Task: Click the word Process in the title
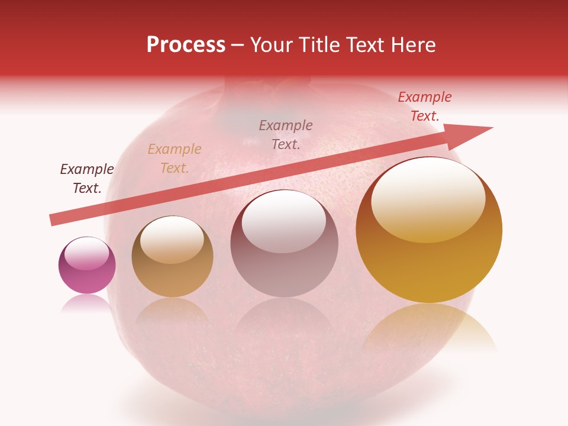tap(186, 45)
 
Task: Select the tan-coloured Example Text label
tap(175, 159)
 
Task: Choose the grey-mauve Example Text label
tap(286, 134)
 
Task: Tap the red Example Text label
tap(425, 106)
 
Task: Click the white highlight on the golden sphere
tap(428, 198)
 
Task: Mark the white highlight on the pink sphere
tap(86, 253)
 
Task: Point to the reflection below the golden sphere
tap(430, 328)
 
